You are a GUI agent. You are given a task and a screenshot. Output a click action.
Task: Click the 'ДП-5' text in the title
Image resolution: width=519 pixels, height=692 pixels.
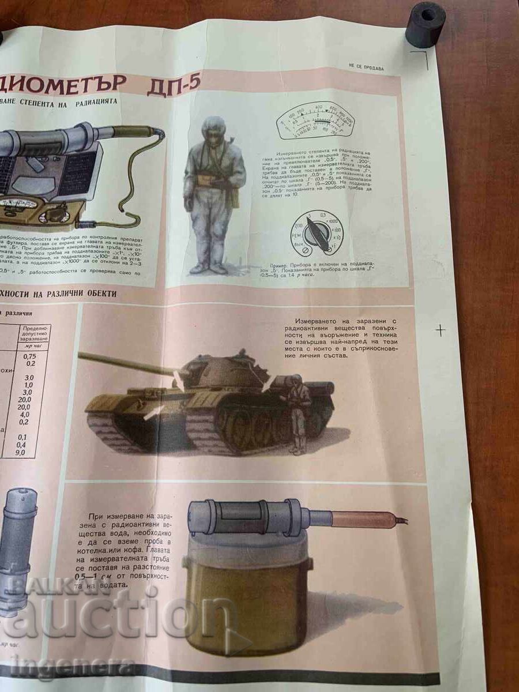click(173, 82)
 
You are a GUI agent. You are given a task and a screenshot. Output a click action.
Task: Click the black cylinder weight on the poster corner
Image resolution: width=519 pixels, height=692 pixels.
click(425, 24)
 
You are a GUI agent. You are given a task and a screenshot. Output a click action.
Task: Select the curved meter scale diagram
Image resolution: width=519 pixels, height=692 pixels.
click(315, 121)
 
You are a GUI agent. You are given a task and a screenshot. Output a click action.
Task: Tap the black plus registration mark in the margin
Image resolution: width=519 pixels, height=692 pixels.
click(440, 330)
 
